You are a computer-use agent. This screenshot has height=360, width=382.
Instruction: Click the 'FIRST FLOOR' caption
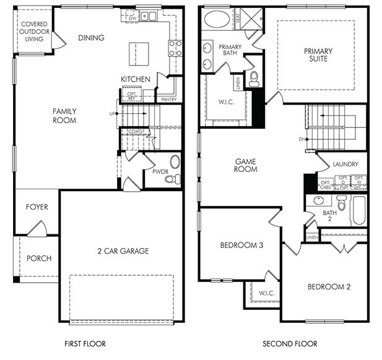pos(85,343)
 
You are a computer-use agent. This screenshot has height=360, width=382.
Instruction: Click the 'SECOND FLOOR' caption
pos(290,343)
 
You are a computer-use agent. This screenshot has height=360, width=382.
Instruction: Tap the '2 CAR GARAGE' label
pos(123,251)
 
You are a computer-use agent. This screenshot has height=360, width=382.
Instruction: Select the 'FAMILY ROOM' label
pos(64,116)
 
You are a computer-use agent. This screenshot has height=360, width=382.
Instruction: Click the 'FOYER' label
pos(37,207)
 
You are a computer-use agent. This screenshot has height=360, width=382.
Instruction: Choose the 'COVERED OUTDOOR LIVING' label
pos(34,32)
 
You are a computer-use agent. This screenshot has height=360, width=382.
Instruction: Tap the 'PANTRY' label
pos(168,99)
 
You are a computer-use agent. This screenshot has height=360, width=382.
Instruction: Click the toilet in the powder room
pos(174,179)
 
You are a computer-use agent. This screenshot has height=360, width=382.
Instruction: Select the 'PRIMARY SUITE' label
pos(318,55)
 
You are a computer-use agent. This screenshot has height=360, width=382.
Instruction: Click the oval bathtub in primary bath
pos(217,19)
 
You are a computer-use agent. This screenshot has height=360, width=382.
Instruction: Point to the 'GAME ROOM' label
pos(245,165)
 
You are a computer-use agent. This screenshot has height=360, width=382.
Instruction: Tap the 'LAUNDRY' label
pos(345,165)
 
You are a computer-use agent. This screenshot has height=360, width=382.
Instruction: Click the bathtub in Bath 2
pos(358,211)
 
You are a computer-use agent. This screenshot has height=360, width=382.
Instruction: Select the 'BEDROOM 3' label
pos(241,246)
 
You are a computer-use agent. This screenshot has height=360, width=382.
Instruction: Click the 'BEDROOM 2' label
pos(329,287)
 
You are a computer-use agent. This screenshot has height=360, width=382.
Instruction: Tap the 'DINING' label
pos(91,38)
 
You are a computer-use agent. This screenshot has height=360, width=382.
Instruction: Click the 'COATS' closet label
pos(136,132)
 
